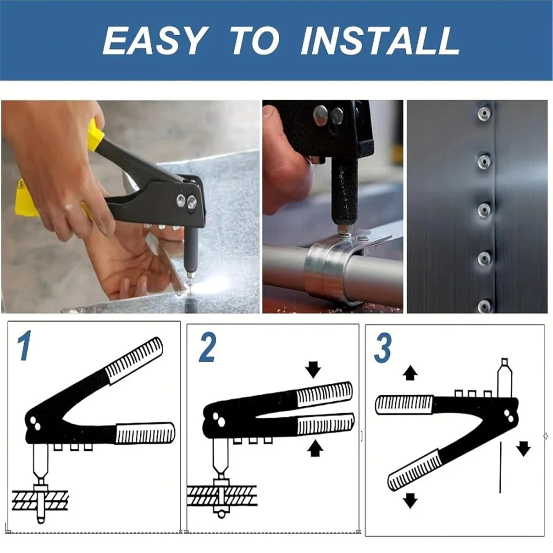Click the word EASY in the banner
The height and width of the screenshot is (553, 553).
click(x=154, y=41)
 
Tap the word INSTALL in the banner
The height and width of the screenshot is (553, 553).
click(x=380, y=41)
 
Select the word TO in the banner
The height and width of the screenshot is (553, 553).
click(x=254, y=41)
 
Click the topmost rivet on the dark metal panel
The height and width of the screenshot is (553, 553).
click(x=484, y=114)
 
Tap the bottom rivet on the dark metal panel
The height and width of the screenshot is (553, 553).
click(x=484, y=306)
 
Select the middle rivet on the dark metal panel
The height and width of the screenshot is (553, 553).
click(x=484, y=210)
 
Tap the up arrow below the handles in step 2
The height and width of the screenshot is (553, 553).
click(x=315, y=449)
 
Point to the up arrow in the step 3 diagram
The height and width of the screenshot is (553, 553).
click(x=410, y=373)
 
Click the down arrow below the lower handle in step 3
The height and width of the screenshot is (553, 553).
click(x=410, y=501)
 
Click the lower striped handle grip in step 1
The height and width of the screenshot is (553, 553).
click(x=145, y=433)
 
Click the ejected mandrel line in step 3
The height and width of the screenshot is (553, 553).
click(x=500, y=467)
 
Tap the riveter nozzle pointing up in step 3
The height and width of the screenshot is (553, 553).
click(x=504, y=378)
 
